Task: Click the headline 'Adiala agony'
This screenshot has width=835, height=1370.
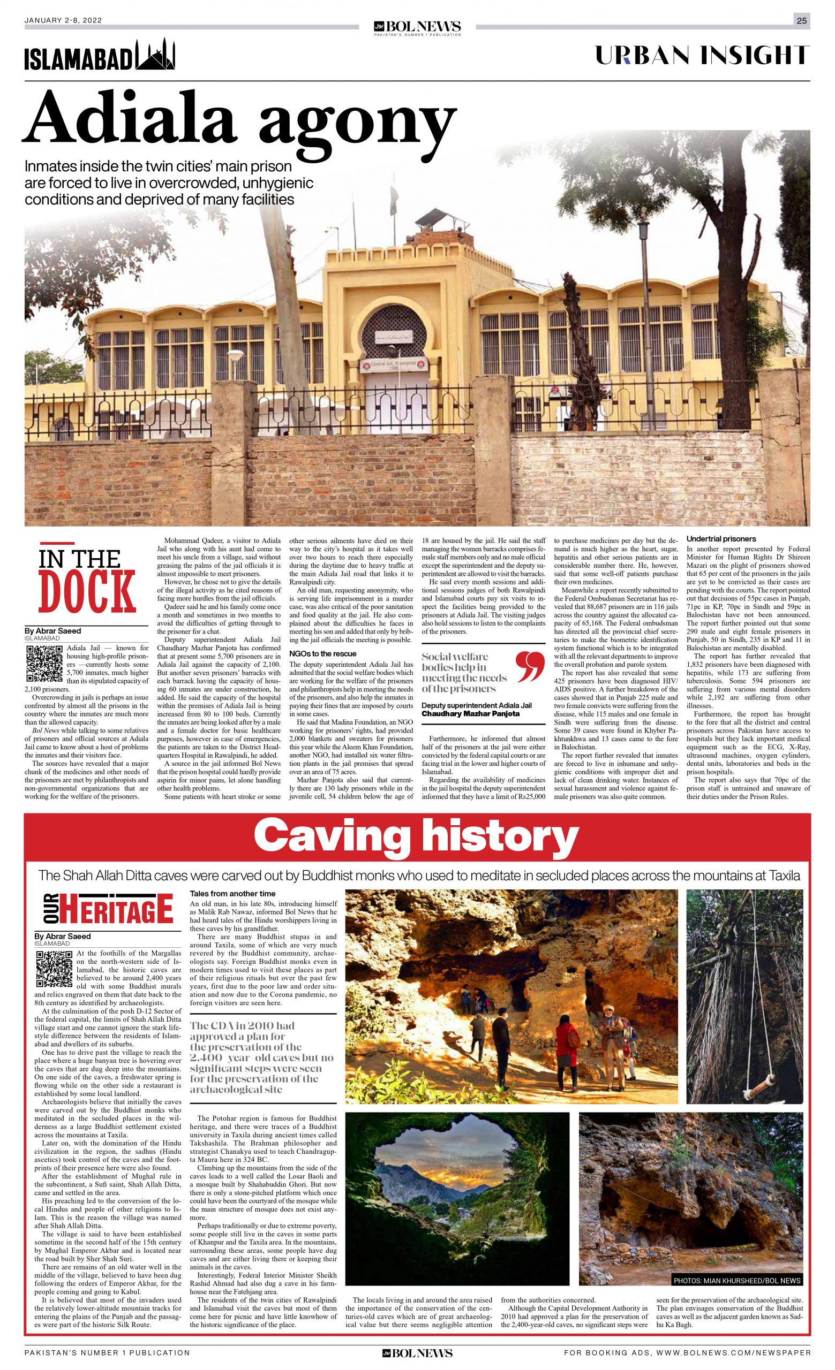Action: click(239, 123)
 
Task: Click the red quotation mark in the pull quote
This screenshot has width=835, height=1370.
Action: click(526, 667)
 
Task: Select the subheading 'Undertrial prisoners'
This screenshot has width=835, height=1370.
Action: click(721, 539)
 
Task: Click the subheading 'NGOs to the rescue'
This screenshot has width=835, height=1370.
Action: click(322, 654)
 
